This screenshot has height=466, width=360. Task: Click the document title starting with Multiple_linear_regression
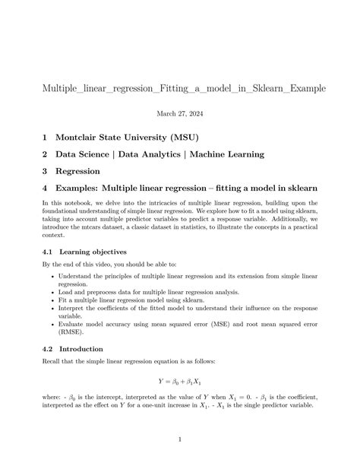tap(180, 89)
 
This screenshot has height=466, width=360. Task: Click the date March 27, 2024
tap(180, 113)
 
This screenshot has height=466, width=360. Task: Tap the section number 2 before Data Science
tap(45, 154)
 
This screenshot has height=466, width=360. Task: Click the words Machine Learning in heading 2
tap(227, 154)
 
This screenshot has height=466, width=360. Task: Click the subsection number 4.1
tap(48, 251)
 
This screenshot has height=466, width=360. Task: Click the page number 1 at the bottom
tap(180, 439)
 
